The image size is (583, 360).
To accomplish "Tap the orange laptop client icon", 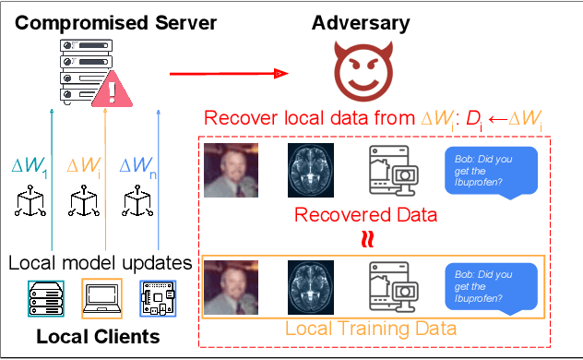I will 101,296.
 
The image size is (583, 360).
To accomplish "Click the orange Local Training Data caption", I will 372,327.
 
